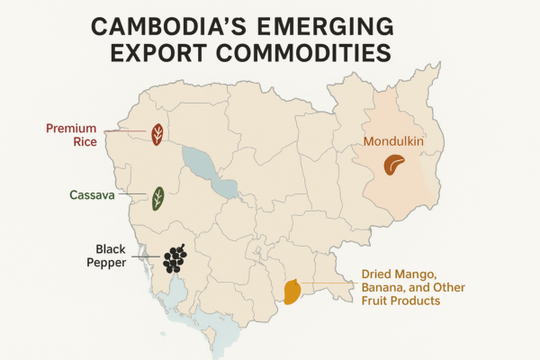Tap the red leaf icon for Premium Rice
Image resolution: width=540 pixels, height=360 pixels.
(157, 135)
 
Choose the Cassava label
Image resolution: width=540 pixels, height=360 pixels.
(91, 194)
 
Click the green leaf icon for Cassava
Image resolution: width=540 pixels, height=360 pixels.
(157, 198)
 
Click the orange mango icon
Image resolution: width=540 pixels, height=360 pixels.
(292, 291)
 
